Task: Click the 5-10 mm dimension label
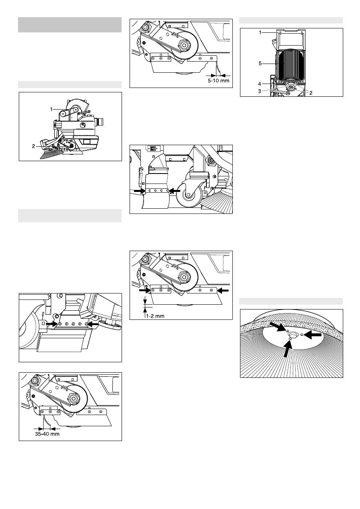218,80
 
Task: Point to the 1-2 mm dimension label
155,316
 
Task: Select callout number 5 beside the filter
260,64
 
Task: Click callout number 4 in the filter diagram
260,84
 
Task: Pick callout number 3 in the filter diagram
260,91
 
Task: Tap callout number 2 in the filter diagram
311,93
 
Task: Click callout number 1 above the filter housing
260,32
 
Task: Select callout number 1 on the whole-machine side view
51,109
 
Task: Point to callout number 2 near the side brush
34,146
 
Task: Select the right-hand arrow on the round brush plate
313,334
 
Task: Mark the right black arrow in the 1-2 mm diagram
223,290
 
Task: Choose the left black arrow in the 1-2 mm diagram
145,290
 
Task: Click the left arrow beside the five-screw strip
52,323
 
